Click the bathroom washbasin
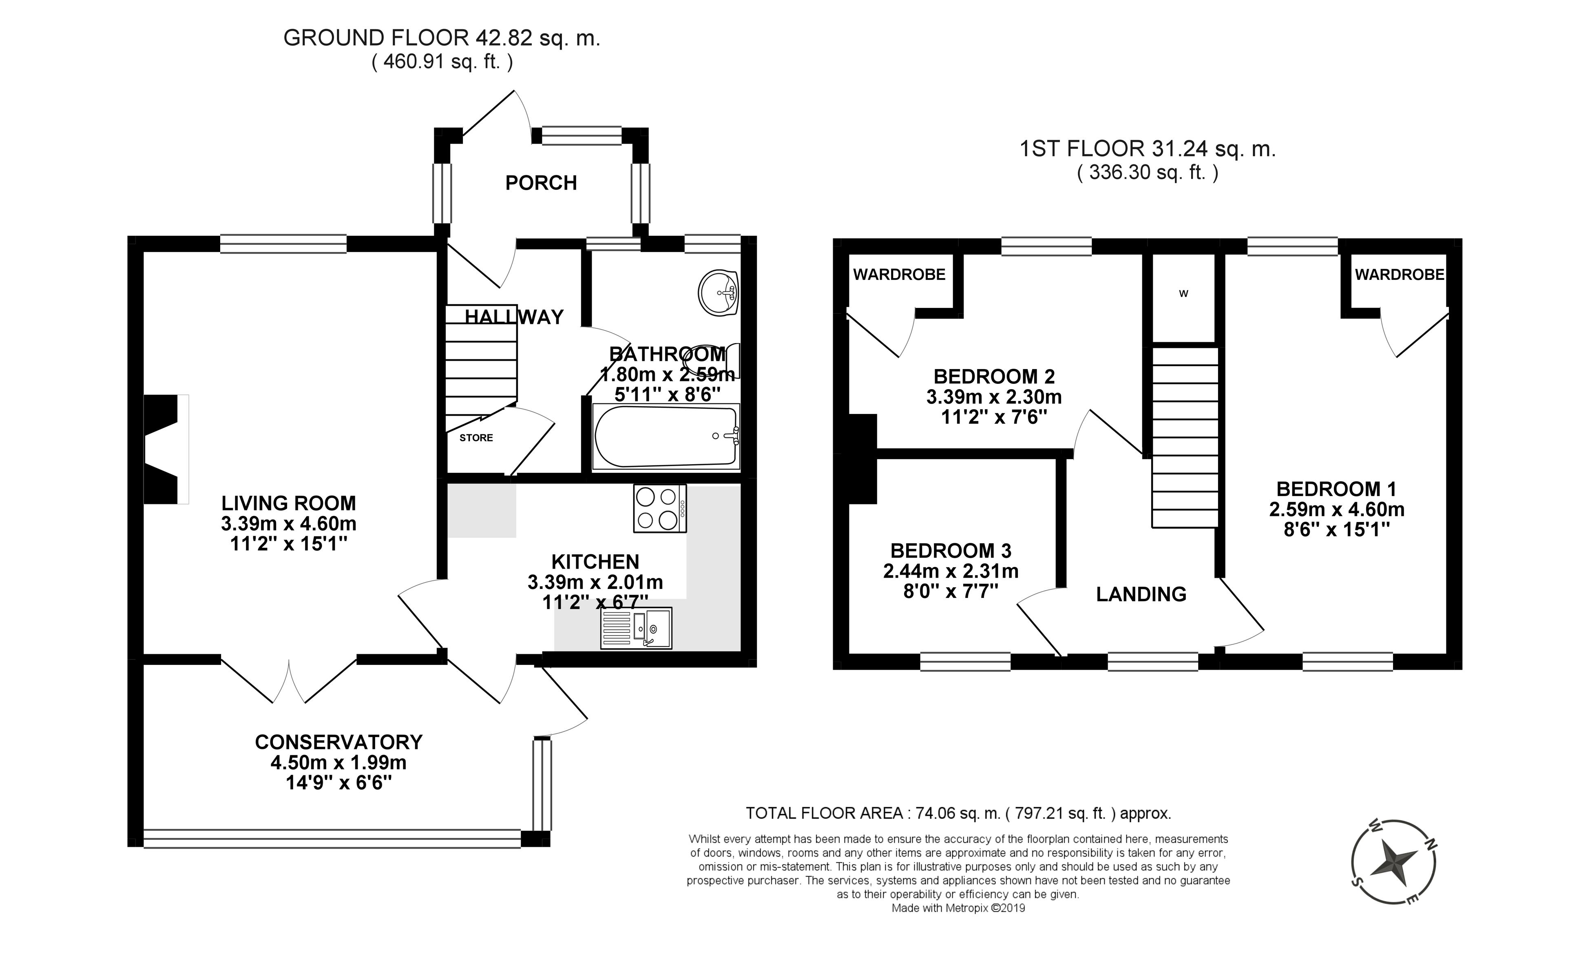tap(718, 293)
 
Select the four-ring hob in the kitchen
tap(659, 509)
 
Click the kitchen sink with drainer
tap(636, 628)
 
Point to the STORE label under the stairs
tap(476, 438)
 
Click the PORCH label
tap(541, 183)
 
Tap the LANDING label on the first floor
tap(1141, 594)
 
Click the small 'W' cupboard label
tap(1183, 294)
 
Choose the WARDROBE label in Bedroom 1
tap(1399, 274)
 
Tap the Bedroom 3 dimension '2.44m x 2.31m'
tap(951, 571)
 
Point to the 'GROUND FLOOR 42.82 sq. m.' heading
tap(442, 38)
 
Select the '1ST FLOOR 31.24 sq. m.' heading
tap(1147, 149)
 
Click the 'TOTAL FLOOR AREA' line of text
tap(958, 813)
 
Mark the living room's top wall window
tap(283, 244)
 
